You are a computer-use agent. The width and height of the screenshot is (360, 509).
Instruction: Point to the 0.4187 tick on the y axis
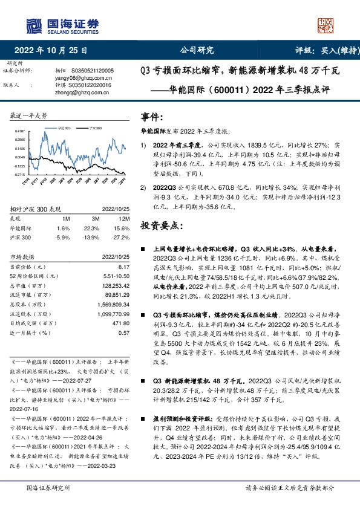point(19,131)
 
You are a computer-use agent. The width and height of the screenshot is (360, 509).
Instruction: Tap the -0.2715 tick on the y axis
point(19,174)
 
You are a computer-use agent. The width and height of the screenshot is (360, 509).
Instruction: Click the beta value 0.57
point(123,332)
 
